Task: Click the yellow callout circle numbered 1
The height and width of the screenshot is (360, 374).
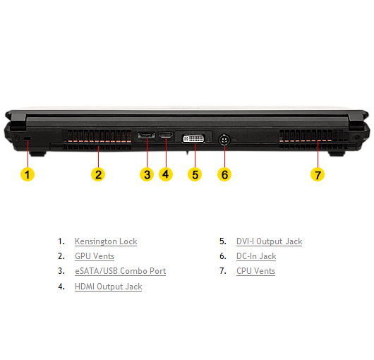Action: [x=28, y=174]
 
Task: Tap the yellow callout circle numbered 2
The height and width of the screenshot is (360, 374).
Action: [x=98, y=174]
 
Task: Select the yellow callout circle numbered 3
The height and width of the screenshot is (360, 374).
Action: [x=147, y=174]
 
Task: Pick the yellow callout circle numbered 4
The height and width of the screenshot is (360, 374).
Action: [x=166, y=174]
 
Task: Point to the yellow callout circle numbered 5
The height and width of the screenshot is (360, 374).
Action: [x=195, y=174]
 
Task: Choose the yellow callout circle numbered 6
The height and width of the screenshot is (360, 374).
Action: [x=224, y=174]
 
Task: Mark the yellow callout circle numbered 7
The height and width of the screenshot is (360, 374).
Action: [x=318, y=174]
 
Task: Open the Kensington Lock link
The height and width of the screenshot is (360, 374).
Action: [x=106, y=241]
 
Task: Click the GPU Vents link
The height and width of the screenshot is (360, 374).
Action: [x=95, y=256]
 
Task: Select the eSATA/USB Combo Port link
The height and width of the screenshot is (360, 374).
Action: [x=120, y=271]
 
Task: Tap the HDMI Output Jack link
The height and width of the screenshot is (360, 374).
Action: [x=108, y=287]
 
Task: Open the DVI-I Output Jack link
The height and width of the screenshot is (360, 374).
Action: [x=269, y=241]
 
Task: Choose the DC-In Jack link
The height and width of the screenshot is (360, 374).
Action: [x=256, y=256]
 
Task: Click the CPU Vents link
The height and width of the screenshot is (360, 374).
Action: [x=255, y=271]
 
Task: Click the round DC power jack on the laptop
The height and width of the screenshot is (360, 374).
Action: [x=224, y=140]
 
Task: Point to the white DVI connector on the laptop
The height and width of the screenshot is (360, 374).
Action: [x=193, y=138]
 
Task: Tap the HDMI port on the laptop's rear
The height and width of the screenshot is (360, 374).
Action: [x=166, y=135]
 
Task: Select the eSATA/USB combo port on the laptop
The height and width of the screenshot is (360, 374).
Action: [x=146, y=136]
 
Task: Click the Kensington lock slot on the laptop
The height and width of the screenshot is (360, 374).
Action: [x=28, y=138]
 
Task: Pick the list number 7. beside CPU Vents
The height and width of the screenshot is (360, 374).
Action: [x=223, y=271]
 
